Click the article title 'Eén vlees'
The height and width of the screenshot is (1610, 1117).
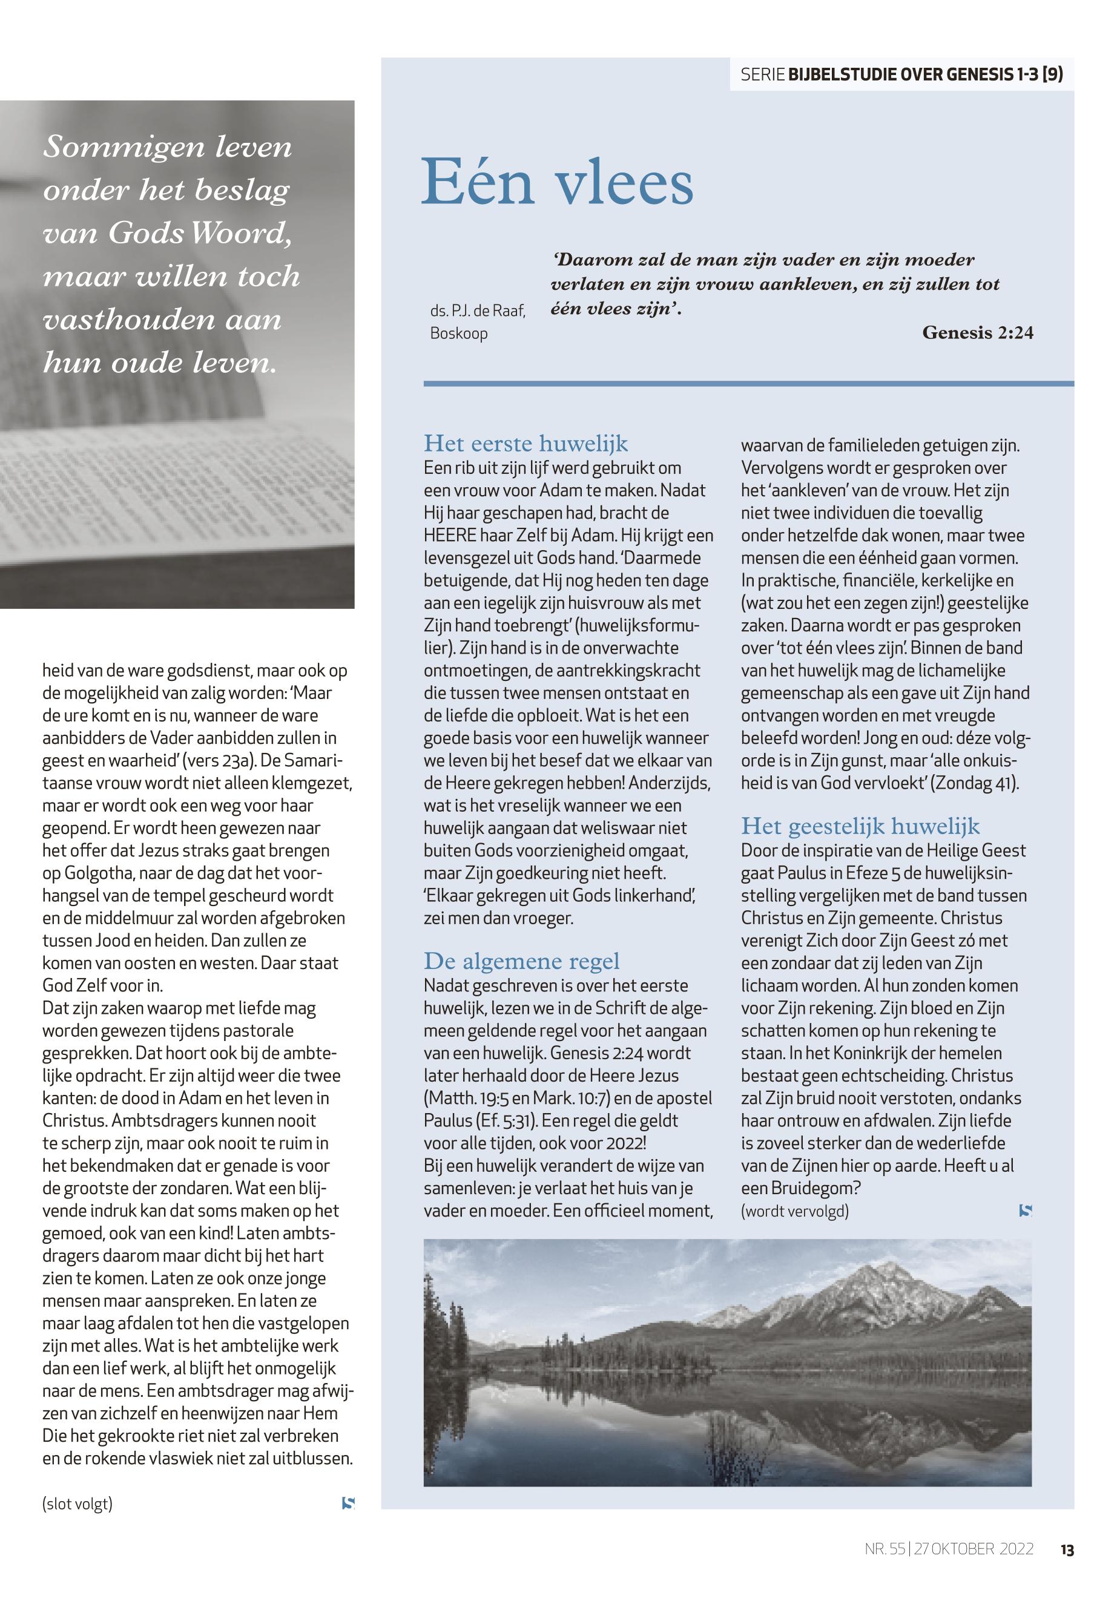tap(557, 183)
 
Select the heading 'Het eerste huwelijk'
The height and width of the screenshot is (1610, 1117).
tap(526, 444)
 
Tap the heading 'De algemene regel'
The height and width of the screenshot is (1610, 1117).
tap(521, 961)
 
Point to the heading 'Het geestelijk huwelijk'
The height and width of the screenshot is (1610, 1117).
tap(860, 826)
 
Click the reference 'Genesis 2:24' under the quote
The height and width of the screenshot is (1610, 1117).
tap(977, 333)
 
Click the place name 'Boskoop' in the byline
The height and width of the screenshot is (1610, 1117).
tap(459, 333)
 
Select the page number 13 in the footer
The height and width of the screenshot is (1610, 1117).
tap(1067, 1550)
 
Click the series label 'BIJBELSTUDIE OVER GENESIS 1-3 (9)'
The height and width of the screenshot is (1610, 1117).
tap(925, 75)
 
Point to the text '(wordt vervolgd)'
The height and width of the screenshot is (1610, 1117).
tap(794, 1211)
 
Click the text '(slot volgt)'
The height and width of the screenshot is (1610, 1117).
tap(77, 1503)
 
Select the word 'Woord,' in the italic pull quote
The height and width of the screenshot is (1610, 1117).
tap(241, 234)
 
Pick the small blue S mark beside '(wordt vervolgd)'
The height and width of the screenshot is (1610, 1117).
tap(1026, 1211)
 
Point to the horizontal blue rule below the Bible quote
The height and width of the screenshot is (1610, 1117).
tap(748, 383)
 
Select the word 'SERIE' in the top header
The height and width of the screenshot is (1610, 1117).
tap(762, 75)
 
